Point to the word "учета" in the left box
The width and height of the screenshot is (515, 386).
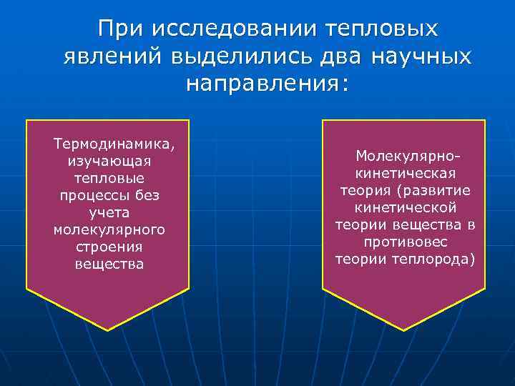click(x=109, y=212)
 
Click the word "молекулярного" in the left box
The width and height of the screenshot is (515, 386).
click(x=109, y=229)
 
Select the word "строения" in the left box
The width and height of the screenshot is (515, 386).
click(x=109, y=247)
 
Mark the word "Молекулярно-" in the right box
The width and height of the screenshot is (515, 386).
click(x=406, y=156)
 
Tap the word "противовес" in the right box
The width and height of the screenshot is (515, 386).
click(x=406, y=242)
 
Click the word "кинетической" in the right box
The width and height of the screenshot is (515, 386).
click(x=406, y=207)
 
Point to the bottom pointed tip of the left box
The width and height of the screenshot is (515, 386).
click(x=108, y=330)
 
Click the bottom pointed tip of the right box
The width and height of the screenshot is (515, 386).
click(x=404, y=330)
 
